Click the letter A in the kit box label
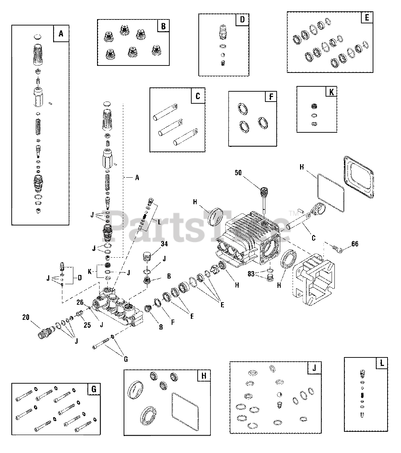click(61, 34)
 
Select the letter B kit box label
click(163, 26)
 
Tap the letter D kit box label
click(242, 19)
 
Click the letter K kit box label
click(331, 92)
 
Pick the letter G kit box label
click(94, 390)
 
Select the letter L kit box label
click(382, 363)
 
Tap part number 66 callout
click(355, 243)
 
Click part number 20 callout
click(26, 317)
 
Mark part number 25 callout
click(87, 325)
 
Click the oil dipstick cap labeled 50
click(264, 193)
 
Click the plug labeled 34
click(147, 256)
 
